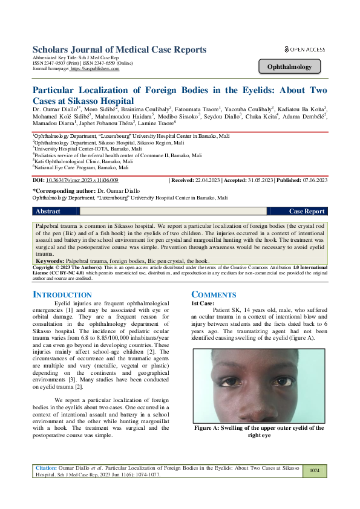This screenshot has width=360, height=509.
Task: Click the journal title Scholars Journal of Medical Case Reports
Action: coord(119,49)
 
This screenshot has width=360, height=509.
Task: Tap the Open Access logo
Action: coord(304,49)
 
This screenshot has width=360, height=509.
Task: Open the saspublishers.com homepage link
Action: coord(95,69)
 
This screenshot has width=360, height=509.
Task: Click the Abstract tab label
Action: coord(48,211)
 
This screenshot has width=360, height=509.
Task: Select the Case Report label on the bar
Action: coord(307,211)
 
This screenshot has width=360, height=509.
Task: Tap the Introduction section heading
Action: coord(62,294)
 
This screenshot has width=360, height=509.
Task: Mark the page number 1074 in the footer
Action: coord(314,470)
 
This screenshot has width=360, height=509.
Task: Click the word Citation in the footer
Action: coord(46,467)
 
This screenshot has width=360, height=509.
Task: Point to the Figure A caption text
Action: coord(259,431)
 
